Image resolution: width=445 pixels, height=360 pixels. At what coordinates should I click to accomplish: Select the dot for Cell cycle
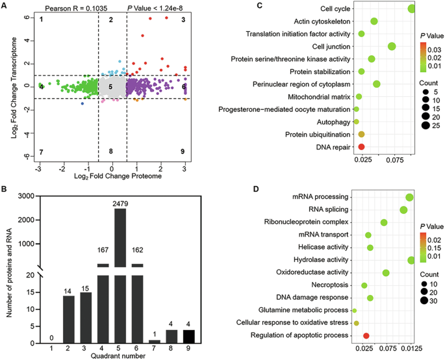411,8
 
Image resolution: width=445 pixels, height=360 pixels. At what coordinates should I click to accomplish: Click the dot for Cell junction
392,46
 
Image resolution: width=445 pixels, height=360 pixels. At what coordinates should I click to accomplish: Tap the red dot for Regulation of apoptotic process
366,335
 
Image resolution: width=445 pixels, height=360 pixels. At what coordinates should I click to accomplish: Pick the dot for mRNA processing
409,198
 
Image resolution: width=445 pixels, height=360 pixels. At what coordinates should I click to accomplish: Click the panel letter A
5,5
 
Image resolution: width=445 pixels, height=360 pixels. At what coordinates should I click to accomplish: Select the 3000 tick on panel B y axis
24,196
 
